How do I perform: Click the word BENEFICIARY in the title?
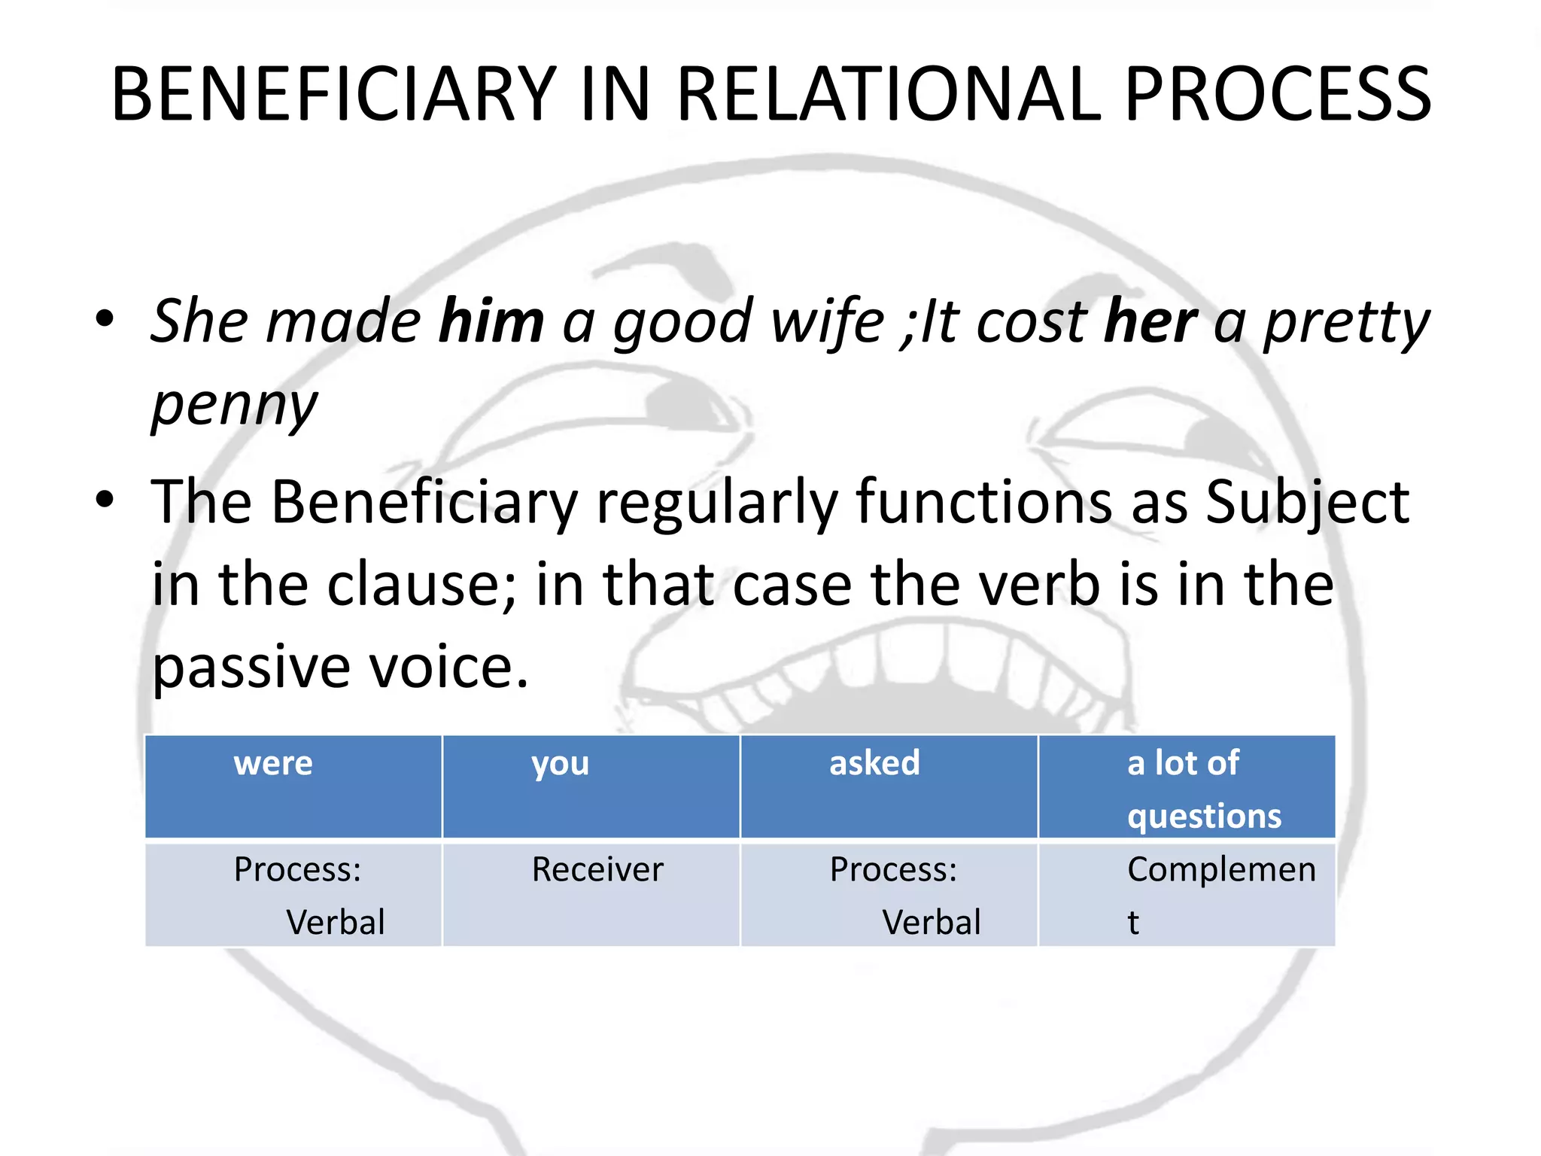[333, 95]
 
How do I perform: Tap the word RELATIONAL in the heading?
[889, 95]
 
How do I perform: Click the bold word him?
[491, 321]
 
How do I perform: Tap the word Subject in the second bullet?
[1307, 502]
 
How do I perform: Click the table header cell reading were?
[293, 786]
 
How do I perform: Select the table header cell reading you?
[591, 786]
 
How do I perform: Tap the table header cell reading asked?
[889, 786]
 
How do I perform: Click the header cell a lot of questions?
[1187, 786]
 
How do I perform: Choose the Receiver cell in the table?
[591, 895]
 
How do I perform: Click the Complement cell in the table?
[1187, 895]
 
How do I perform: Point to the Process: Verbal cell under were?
[293, 895]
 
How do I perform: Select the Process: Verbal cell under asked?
[889, 895]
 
